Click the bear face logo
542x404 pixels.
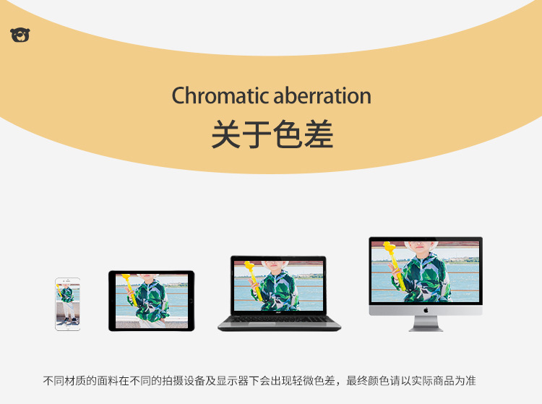pyautogui.click(x=20, y=35)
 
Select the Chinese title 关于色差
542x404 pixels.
pyautogui.click(x=272, y=135)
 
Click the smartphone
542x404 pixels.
pyautogui.click(x=67, y=304)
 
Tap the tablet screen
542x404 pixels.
pyautogui.click(x=151, y=300)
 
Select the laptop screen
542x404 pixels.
pyautogui.click(x=279, y=285)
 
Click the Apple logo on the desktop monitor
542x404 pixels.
pyautogui.click(x=426, y=309)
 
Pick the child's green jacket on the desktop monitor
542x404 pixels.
pyautogui.click(x=426, y=279)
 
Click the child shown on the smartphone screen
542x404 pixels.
pyautogui.click(x=67, y=300)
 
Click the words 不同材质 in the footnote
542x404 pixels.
pyautogui.click(x=66, y=380)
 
